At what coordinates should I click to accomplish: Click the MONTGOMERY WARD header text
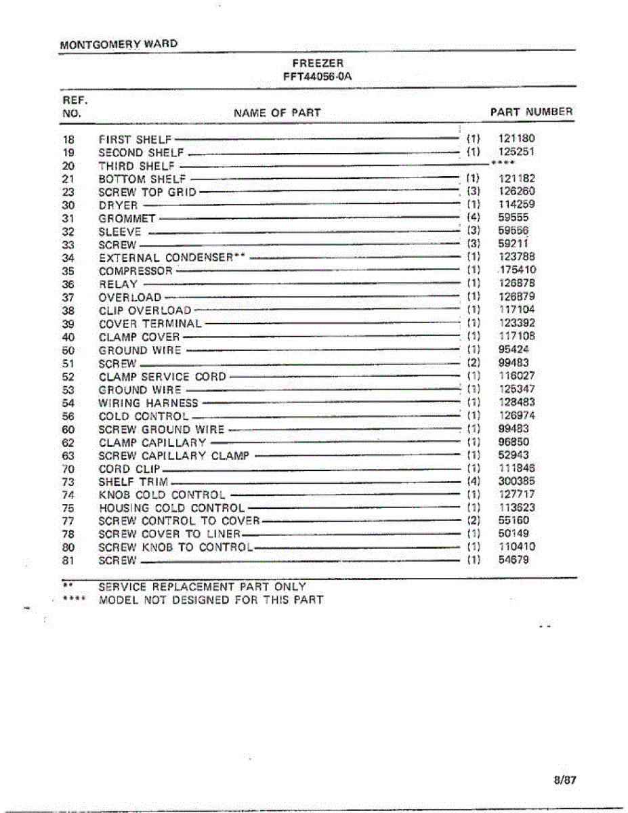click(119, 44)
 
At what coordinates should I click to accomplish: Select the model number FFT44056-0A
click(318, 77)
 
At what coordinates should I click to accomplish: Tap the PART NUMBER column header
click(531, 112)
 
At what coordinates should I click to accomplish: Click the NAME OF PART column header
click(277, 112)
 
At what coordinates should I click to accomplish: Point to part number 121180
click(516, 139)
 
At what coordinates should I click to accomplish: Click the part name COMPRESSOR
click(135, 271)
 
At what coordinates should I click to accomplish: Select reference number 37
click(67, 297)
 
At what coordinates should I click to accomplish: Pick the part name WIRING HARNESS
click(148, 403)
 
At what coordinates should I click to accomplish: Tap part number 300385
click(516, 482)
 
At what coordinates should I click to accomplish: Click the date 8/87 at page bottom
click(564, 780)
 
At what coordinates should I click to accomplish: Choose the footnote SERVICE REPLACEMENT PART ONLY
click(202, 587)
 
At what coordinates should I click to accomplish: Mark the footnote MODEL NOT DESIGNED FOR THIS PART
click(211, 600)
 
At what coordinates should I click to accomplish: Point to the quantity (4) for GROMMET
click(474, 218)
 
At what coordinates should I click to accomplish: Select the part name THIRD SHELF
click(136, 166)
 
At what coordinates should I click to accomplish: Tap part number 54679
click(514, 560)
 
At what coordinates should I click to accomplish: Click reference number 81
click(67, 561)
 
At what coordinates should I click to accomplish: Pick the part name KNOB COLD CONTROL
click(162, 495)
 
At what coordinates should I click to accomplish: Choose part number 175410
click(517, 271)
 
